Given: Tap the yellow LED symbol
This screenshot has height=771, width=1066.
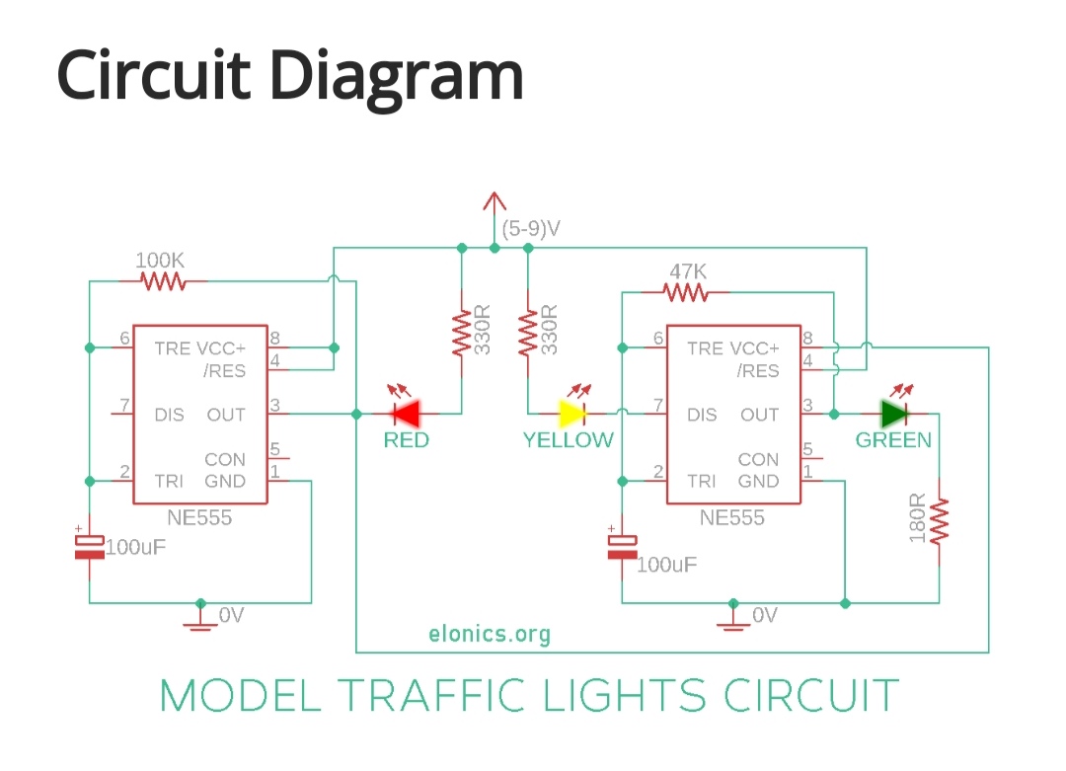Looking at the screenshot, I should coord(573,413).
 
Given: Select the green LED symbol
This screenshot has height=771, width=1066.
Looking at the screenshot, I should coord(894,413).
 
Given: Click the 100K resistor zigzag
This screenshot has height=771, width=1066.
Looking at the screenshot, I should coord(163,282).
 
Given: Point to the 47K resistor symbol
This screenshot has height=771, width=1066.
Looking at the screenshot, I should coord(685,292).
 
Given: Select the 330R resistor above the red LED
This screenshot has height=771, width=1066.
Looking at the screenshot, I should coord(461,334).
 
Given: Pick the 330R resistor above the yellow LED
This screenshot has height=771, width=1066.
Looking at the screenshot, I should coord(528,334).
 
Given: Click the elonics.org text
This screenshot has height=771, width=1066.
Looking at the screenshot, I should coord(490,634).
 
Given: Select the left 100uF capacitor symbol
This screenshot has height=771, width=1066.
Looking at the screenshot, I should coord(90,546).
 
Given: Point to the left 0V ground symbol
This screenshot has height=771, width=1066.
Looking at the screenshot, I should coord(201,617).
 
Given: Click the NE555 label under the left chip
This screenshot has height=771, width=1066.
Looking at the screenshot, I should coord(200,518).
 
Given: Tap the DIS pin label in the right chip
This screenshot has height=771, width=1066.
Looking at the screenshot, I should coord(702,415).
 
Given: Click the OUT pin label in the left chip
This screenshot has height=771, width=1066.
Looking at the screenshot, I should coord(226,415).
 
